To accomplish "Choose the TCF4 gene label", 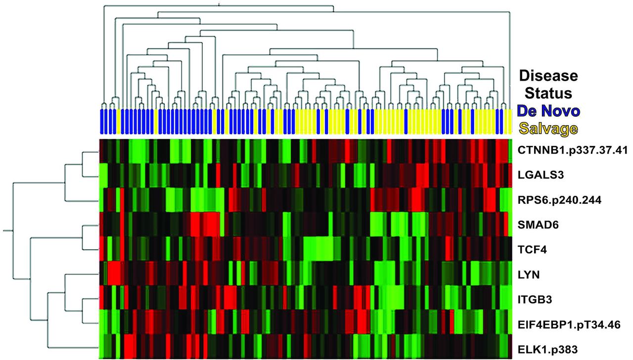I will (x=531, y=249).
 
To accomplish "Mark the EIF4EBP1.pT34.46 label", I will (x=569, y=324).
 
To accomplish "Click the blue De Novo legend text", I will (x=548, y=110).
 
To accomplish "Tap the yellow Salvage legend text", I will (x=548, y=129).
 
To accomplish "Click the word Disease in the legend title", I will (x=548, y=76).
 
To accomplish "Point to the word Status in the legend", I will (x=548, y=92).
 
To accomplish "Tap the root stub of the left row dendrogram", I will (x=7, y=230).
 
